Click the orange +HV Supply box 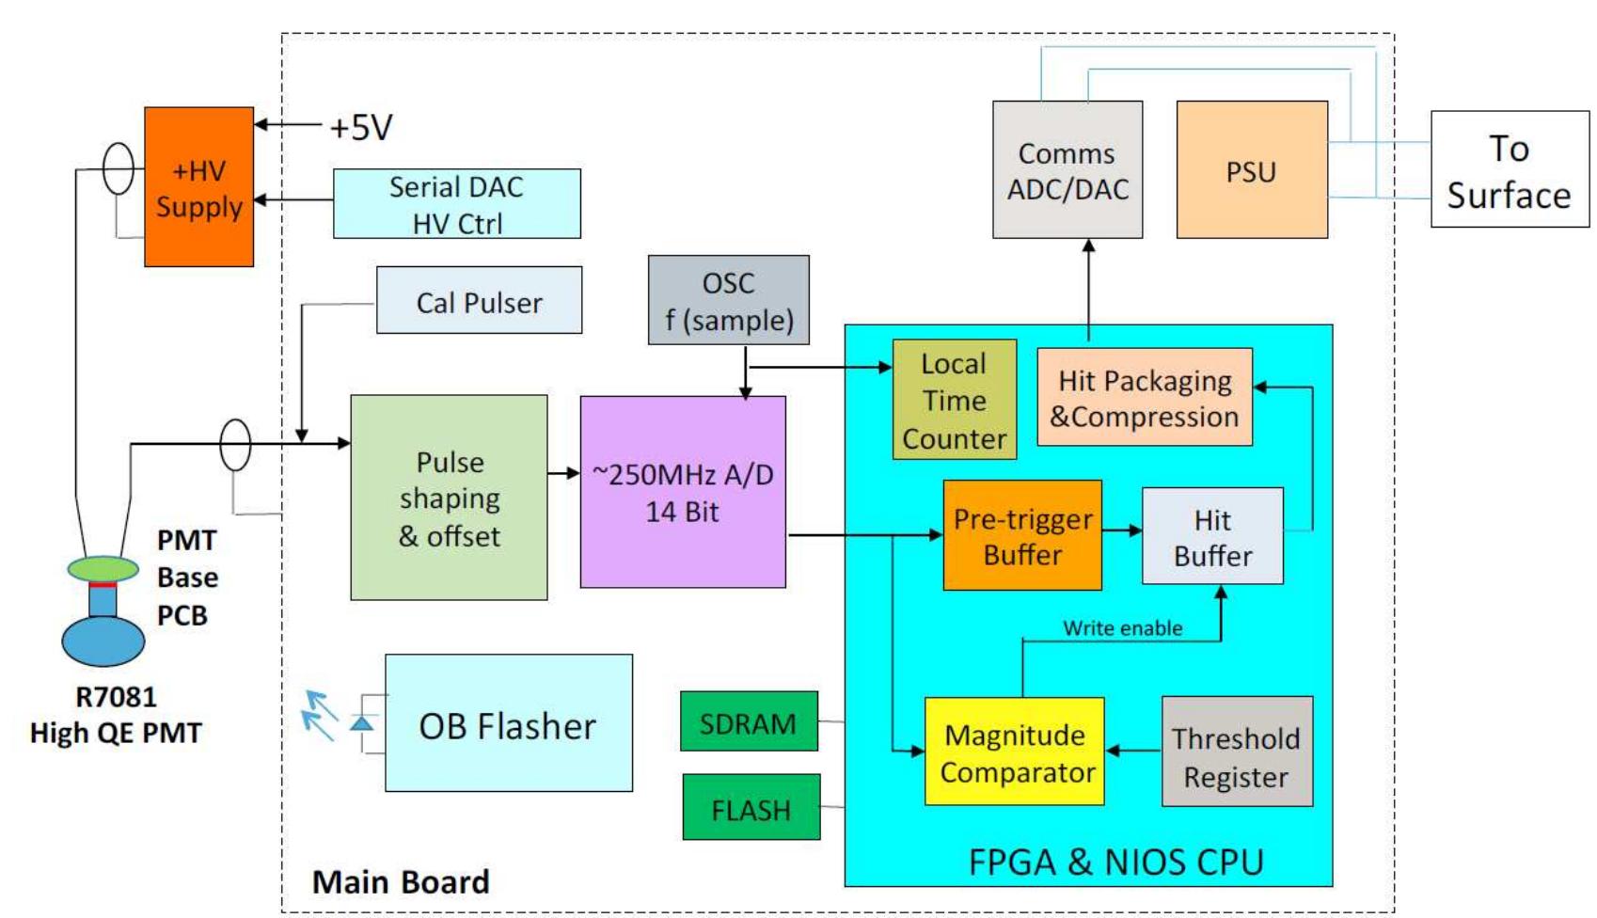click(198, 187)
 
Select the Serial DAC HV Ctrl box click(456, 204)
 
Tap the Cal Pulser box click(479, 301)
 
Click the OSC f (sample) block click(728, 300)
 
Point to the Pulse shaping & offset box click(449, 498)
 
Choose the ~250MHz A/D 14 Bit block click(683, 492)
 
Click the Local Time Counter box click(954, 400)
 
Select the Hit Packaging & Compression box click(1144, 398)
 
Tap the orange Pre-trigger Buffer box click(1022, 536)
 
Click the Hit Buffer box click(1212, 536)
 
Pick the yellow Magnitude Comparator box click(1014, 752)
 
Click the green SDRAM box click(749, 722)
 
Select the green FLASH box click(751, 808)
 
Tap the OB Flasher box click(508, 724)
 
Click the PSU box click(1251, 170)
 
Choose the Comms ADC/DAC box click(1067, 170)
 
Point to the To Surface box click(1509, 170)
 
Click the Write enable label click(1122, 628)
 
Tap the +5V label click(360, 127)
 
